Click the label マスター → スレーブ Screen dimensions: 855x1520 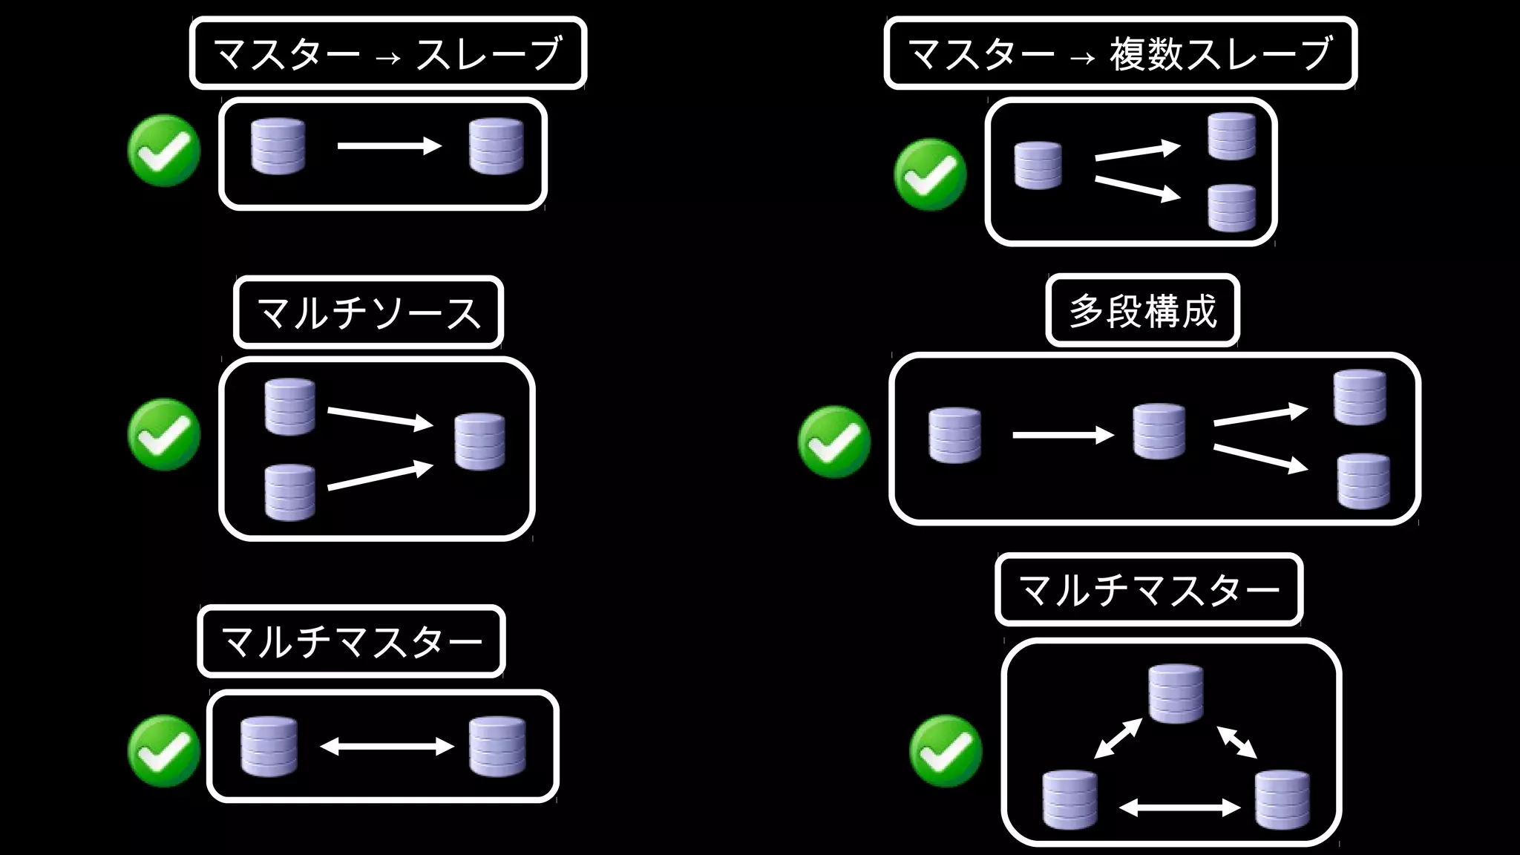tap(387, 53)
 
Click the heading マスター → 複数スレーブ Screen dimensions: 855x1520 tap(1120, 53)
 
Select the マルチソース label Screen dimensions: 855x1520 tap(368, 312)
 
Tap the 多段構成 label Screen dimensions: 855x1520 tap(1142, 310)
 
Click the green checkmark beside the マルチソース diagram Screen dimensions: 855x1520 tap(164, 434)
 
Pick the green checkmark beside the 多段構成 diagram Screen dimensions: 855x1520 tap(834, 442)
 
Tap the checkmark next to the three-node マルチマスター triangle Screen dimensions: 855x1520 tap(946, 750)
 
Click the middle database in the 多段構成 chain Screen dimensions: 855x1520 tap(1159, 432)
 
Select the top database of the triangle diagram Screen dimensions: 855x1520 tap(1176, 693)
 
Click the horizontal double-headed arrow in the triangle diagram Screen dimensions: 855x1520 tap(1179, 807)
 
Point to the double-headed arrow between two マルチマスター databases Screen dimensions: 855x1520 tap(387, 746)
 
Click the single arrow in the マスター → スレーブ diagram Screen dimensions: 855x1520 tap(389, 146)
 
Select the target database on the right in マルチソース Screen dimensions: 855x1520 tap(479, 442)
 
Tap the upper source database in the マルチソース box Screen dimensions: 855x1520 tap(289, 407)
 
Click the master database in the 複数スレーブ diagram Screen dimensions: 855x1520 tap(1038, 166)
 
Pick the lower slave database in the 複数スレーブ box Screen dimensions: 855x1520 tap(1231, 208)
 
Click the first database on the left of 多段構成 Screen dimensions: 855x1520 tap(954, 435)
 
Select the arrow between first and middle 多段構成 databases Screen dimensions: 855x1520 tap(1063, 435)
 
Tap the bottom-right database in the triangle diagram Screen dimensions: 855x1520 tap(1282, 800)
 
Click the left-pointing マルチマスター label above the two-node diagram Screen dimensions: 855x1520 tap(351, 641)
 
